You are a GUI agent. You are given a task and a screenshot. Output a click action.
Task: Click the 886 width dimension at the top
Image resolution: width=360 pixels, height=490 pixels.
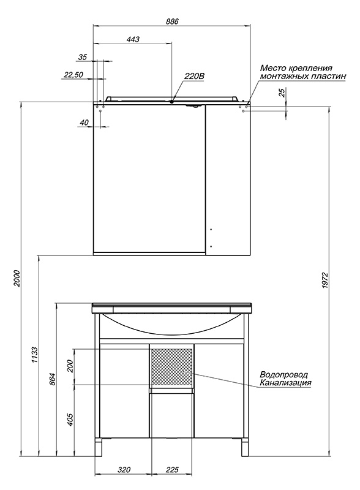172,21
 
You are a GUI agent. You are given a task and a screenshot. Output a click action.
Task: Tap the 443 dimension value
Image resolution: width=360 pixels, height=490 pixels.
133,39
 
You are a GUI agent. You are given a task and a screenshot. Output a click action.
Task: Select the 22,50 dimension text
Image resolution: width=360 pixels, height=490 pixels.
73,74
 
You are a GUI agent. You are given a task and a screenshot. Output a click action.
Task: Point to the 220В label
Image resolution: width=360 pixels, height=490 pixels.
194,76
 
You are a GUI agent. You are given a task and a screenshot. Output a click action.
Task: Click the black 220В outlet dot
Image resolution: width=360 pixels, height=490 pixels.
172,101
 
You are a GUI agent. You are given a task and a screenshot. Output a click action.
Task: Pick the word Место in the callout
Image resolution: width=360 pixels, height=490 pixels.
272,68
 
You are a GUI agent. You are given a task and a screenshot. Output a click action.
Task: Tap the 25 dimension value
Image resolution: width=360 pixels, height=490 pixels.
282,93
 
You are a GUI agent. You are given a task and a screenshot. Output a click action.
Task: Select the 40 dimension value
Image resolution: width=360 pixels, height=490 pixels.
84,123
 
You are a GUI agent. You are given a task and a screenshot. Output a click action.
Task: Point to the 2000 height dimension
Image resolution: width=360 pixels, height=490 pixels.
17,279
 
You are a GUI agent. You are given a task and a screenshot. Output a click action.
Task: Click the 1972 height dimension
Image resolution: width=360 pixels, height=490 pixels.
325,281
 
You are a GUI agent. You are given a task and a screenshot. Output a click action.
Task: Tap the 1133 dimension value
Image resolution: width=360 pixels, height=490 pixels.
35,355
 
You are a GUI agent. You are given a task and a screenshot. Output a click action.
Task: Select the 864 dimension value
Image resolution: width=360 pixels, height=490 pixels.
53,379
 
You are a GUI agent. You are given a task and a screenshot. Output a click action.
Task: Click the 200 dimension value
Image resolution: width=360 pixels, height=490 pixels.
70,366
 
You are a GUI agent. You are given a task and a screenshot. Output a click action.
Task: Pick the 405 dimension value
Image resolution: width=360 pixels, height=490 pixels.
70,420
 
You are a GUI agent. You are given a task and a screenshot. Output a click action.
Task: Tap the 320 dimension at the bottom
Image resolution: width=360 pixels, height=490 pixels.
124,469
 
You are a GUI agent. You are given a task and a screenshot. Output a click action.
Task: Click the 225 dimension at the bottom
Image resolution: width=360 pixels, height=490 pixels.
172,469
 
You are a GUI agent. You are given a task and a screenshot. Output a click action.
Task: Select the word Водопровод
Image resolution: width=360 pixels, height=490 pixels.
283,374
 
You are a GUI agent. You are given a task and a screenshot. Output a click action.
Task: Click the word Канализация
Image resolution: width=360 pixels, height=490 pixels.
286,382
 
